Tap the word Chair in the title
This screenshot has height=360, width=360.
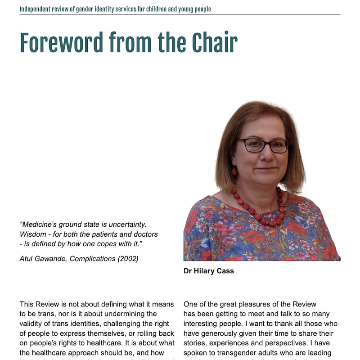(x=215, y=43)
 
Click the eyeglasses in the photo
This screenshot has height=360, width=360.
(x=263, y=145)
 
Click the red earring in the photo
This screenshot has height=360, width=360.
(x=234, y=172)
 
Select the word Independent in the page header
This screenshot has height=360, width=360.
(x=36, y=9)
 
